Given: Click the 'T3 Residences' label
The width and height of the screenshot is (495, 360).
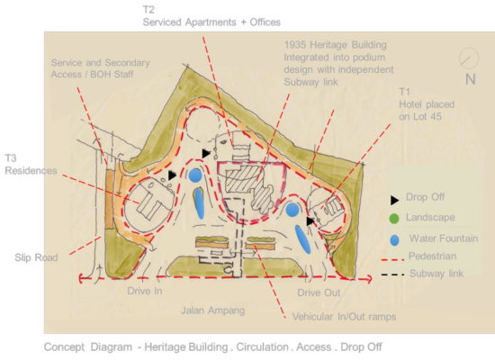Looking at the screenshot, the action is [31, 164].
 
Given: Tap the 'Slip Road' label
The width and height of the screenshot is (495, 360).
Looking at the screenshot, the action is [36, 257].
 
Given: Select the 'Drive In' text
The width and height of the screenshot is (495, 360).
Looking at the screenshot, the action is [145, 291].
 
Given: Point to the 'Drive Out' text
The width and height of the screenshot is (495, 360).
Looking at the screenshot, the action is [319, 292].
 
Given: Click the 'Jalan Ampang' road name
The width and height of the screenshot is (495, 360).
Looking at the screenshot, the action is [212, 310].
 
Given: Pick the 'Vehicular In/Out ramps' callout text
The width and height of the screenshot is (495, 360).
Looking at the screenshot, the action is [344, 317].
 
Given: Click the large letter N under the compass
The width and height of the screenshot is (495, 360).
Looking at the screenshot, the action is [471, 79].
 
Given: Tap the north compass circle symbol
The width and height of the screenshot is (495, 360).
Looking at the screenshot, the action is [469, 58].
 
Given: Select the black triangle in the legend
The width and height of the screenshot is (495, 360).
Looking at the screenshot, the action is [394, 200].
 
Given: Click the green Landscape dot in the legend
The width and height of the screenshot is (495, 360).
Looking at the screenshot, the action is [394, 218].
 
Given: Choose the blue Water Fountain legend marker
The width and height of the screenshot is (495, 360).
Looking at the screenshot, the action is [394, 240].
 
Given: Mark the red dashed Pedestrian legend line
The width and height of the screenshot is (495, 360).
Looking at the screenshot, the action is [392, 260].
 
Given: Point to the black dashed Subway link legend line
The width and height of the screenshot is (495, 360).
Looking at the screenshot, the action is [392, 274].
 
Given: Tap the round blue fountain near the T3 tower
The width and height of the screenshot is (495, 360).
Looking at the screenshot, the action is [195, 175].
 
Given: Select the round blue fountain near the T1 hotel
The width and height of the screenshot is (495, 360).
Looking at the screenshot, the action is [292, 210].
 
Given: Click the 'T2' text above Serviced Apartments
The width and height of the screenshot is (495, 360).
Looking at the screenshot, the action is [148, 10].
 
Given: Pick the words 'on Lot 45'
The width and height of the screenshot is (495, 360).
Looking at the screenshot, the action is [420, 116].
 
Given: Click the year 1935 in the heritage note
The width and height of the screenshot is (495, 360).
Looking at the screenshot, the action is [295, 45].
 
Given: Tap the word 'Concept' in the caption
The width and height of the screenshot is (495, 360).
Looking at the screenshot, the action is [64, 347].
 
